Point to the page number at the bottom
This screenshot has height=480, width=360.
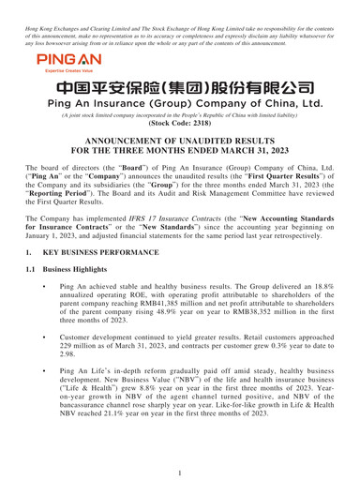coord(180,474)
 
